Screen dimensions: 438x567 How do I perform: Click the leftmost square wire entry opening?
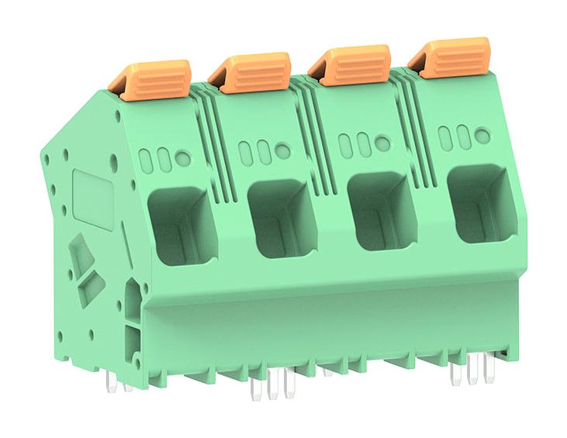(x=181, y=224)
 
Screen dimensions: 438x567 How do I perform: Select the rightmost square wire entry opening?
(x=479, y=204)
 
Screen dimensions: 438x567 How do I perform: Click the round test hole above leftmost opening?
(x=183, y=158)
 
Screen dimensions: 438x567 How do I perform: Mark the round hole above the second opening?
(x=283, y=151)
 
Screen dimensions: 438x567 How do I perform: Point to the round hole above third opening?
(x=383, y=143)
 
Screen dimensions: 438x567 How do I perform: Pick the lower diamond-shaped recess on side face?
(x=91, y=289)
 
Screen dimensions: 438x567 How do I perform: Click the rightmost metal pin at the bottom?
(x=488, y=371)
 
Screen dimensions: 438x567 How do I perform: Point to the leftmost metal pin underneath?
(x=112, y=381)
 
